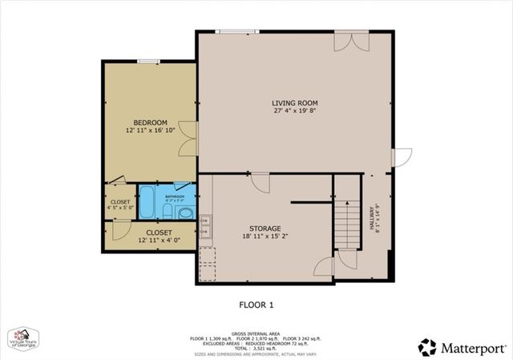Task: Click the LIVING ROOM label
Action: [295, 103]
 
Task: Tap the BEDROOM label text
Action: [150, 122]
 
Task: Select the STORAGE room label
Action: [265, 229]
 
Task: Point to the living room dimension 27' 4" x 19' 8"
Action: [295, 111]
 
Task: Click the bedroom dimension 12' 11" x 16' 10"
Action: [150, 131]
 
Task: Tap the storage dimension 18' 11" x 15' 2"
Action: [265, 237]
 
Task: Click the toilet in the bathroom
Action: [184, 212]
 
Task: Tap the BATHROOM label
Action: [175, 196]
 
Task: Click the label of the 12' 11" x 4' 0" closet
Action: [158, 232]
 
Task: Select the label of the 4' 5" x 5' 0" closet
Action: [120, 202]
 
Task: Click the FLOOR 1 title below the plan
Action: [256, 305]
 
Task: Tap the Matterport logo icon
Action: [427, 347]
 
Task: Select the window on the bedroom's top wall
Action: [148, 62]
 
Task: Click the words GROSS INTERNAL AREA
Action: [256, 331]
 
